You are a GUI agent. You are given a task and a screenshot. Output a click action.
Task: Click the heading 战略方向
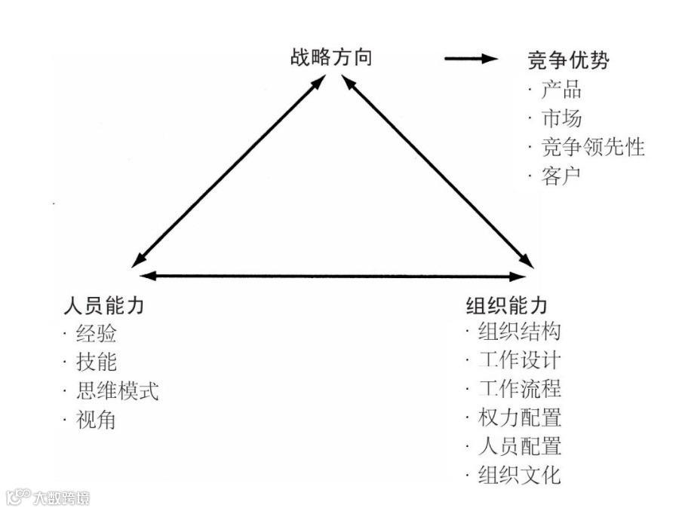pyautogui.click(x=330, y=58)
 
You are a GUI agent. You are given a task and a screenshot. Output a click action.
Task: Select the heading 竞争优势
pyautogui.click(x=568, y=60)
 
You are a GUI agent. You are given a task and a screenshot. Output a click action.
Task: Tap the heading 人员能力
pyautogui.click(x=104, y=306)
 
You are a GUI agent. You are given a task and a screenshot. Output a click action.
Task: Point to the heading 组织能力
pyautogui.click(x=507, y=306)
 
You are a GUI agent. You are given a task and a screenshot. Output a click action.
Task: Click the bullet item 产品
pyautogui.click(x=561, y=90)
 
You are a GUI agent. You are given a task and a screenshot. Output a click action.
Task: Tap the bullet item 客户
pyautogui.click(x=561, y=176)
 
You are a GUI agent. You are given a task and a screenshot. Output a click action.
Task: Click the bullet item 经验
pyautogui.click(x=97, y=332)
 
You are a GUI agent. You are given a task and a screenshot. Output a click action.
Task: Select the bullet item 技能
pyautogui.click(x=97, y=362)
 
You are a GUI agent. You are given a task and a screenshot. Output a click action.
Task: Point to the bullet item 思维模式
pyautogui.click(x=118, y=390)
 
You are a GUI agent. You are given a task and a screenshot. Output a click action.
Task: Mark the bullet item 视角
pyautogui.click(x=97, y=419)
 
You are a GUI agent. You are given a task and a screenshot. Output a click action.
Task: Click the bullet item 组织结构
pyautogui.click(x=520, y=331)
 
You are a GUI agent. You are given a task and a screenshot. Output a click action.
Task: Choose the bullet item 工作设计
pyautogui.click(x=520, y=360)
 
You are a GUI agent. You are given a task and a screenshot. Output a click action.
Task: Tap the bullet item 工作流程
pyautogui.click(x=520, y=388)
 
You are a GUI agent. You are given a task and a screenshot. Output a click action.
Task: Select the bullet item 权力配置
pyautogui.click(x=520, y=417)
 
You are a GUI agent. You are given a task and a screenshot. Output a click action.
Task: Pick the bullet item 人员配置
pyautogui.click(x=520, y=445)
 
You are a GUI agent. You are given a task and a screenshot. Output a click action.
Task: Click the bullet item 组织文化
pyautogui.click(x=520, y=475)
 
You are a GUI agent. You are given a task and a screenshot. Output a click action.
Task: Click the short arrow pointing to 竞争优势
pyautogui.click(x=472, y=59)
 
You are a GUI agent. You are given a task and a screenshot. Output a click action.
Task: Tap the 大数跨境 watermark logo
pyautogui.click(x=48, y=497)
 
